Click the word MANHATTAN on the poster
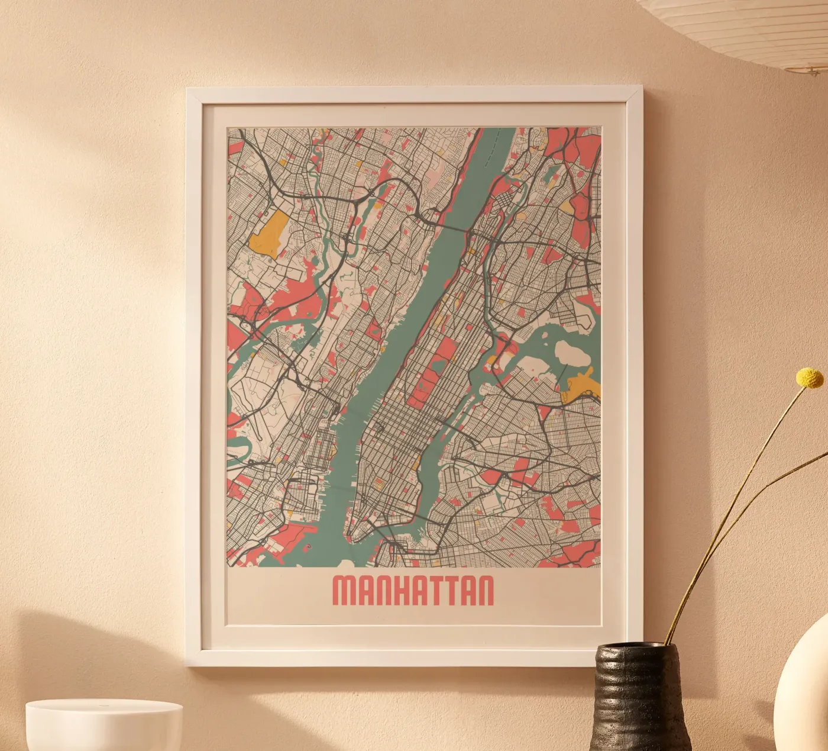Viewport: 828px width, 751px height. pos(413,590)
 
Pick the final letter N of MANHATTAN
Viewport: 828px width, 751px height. pos(484,590)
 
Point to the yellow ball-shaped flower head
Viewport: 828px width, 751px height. pos(810,377)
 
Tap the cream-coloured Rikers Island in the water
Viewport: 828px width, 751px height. pos(573,355)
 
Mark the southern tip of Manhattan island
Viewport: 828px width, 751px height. pos(351,539)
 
